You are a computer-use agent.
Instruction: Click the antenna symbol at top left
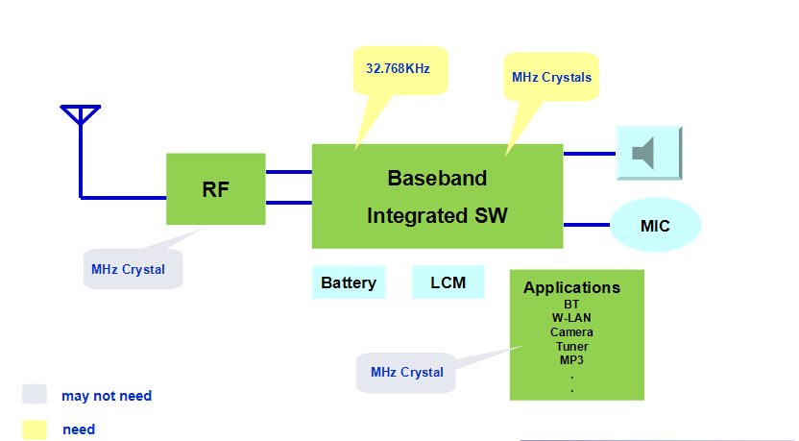81,116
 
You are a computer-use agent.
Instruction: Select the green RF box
215,188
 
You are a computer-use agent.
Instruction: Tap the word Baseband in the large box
437,178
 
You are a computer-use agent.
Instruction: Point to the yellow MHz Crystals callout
551,77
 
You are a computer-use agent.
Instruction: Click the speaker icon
647,153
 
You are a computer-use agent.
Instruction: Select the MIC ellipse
655,226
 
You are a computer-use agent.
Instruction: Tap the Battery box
348,282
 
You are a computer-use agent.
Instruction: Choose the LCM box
448,282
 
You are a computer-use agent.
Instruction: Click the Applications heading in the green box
571,287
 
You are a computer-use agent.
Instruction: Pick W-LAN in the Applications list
571,318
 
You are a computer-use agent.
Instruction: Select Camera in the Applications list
571,332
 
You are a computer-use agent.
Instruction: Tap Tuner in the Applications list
571,346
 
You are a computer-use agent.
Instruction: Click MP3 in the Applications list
571,360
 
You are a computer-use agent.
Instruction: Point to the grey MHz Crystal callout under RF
128,269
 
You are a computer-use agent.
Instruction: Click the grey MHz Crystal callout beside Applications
406,372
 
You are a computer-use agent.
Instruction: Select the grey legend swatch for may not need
35,394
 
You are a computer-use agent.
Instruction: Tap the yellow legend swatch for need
35,429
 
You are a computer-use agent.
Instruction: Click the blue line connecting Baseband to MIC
586,225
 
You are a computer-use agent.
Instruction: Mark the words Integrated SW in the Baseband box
437,216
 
